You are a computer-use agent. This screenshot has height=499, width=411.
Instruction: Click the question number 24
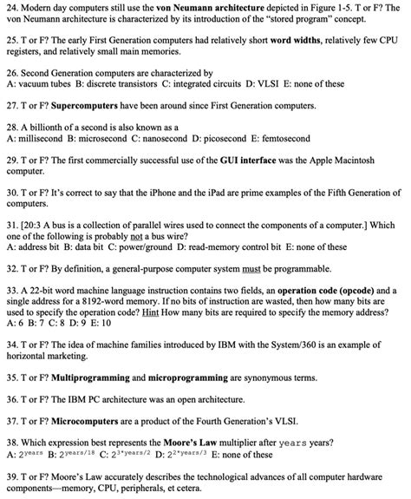(11, 7)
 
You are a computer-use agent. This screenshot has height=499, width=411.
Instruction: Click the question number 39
(11, 476)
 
